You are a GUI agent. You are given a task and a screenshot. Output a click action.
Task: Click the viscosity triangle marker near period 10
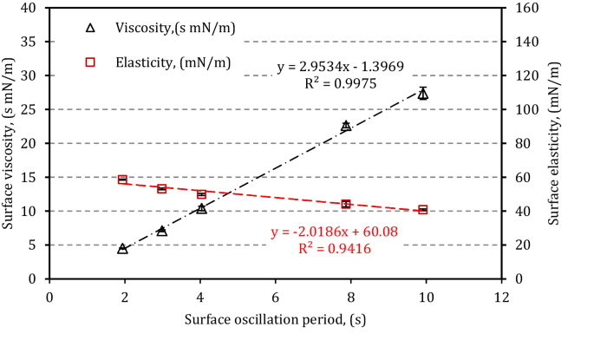click(422, 94)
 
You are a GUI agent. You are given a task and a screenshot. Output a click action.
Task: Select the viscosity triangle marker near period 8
click(346, 126)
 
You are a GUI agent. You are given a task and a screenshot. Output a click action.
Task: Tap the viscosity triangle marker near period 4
click(201, 209)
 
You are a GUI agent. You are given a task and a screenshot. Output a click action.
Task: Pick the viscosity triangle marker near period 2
click(122, 249)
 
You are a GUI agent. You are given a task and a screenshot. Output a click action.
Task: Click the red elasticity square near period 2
click(122, 180)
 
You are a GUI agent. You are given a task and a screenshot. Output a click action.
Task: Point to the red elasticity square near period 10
click(422, 209)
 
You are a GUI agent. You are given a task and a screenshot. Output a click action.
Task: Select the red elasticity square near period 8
click(346, 204)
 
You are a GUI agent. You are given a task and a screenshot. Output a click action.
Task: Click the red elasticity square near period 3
click(161, 188)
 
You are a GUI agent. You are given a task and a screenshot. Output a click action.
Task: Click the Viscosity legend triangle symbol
click(89, 28)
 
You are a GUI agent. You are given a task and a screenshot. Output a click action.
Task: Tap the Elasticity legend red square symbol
click(89, 60)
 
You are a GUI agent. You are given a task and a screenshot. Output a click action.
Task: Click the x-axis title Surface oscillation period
click(275, 319)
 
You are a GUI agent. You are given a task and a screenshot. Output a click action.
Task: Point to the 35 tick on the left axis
click(30, 42)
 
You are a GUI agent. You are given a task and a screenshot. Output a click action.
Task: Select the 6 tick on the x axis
click(275, 295)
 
